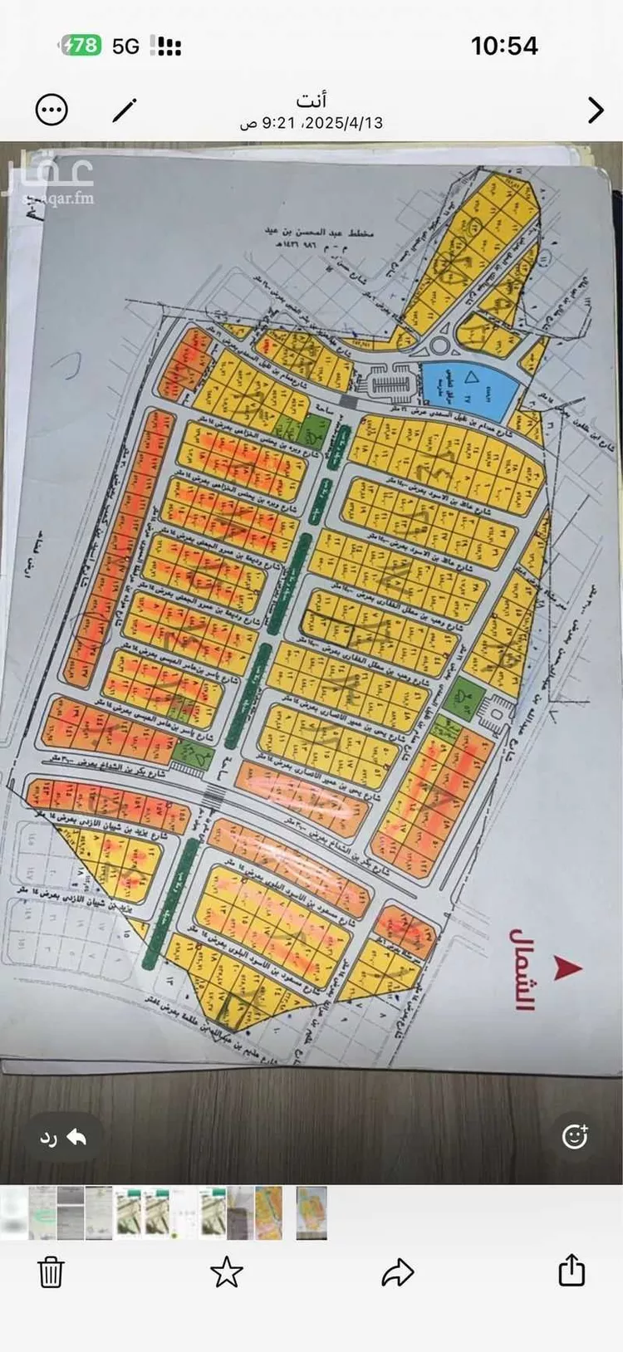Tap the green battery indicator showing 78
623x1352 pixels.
pyautogui.click(x=81, y=45)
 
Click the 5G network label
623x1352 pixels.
pyautogui.click(x=126, y=46)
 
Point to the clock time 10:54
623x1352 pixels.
pyautogui.click(x=504, y=45)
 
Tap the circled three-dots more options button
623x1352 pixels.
pyautogui.click(x=52, y=110)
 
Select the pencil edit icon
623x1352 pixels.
pyautogui.click(x=125, y=110)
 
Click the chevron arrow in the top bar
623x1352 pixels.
pyautogui.click(x=595, y=110)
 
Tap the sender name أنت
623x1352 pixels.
pyautogui.click(x=311, y=100)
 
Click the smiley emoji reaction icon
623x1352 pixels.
pyautogui.click(x=575, y=1136)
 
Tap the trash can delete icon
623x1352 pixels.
pyautogui.click(x=51, y=1271)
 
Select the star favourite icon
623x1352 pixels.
pyautogui.click(x=226, y=1271)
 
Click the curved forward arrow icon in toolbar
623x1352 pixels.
pyautogui.click(x=398, y=1271)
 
